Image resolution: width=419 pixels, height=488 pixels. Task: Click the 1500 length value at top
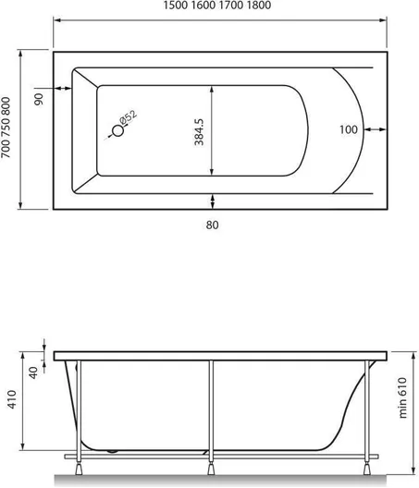(x=175, y=6)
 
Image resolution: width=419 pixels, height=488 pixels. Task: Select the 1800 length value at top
(x=259, y=6)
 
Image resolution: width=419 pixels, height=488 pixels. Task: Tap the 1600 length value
(x=203, y=6)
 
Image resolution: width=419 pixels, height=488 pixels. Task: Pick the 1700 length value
(x=231, y=6)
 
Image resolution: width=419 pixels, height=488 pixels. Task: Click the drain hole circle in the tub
(x=118, y=130)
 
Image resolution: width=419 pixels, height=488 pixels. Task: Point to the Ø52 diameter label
(x=128, y=117)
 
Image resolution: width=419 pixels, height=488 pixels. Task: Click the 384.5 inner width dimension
(x=199, y=132)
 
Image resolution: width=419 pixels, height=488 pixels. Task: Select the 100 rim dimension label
(x=349, y=129)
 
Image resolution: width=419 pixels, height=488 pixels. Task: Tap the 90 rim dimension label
(x=39, y=99)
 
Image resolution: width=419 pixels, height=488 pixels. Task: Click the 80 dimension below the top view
(x=212, y=225)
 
